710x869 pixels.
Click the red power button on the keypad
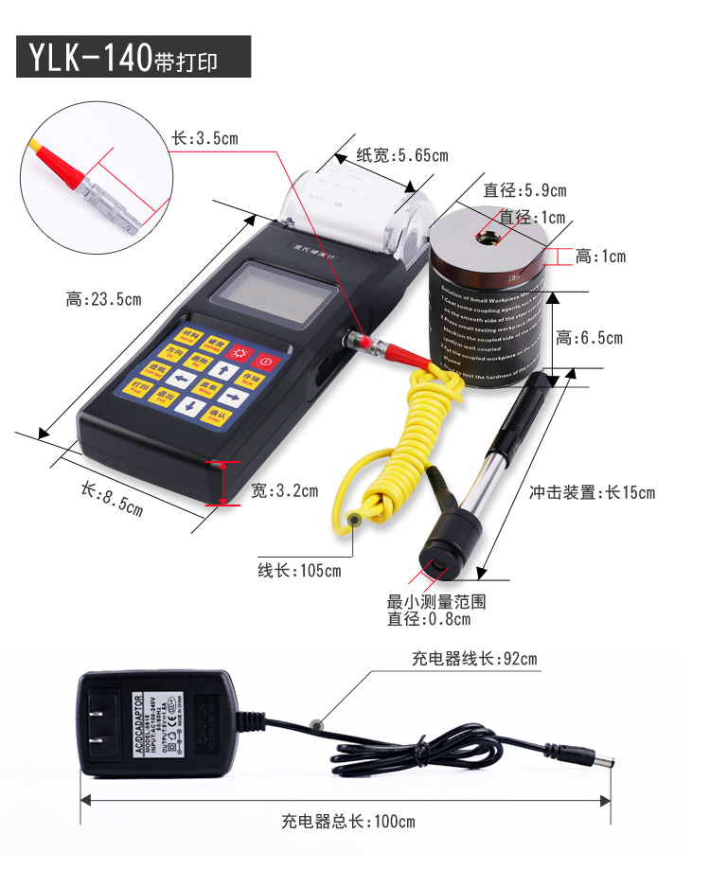(264, 361)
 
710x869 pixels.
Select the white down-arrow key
(190, 406)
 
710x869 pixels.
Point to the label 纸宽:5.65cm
(401, 155)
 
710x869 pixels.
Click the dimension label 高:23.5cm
(103, 300)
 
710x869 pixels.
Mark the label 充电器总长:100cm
(347, 822)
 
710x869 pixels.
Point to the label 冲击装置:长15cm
(591, 492)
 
